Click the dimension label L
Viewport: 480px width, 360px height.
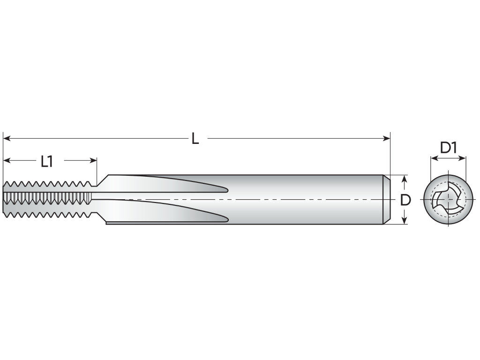coord(195,138)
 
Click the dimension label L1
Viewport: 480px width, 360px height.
coord(47,161)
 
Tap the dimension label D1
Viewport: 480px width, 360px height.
coord(448,148)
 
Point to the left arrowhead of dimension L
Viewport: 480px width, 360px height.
coord(7,138)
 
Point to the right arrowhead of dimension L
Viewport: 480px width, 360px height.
coord(386,138)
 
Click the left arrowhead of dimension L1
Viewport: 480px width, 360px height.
coord(7,160)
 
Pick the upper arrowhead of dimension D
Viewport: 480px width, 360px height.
coord(405,179)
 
